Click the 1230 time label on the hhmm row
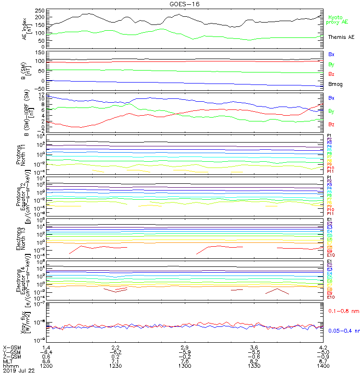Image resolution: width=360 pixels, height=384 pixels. (115, 366)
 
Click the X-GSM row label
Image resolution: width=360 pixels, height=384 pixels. (12, 347)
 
